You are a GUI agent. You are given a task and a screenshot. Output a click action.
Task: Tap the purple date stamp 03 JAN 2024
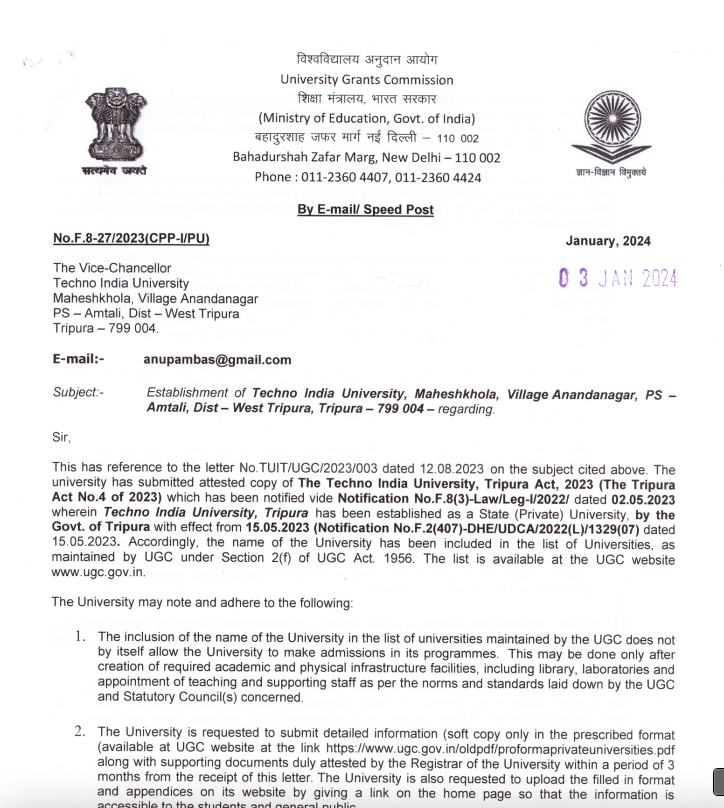coord(617,277)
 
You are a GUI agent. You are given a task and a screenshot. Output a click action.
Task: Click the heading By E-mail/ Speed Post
coord(366,210)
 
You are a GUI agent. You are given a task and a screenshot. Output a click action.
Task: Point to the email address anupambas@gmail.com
coord(218,360)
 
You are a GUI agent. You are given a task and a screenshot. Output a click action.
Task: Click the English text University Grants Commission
coord(366,79)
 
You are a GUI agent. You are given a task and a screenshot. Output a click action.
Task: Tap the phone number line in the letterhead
coord(367,177)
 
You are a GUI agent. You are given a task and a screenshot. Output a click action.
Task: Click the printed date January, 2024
coord(607,241)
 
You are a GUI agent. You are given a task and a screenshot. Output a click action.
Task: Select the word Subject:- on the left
coord(78,393)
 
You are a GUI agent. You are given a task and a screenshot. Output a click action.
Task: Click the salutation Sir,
coord(62,437)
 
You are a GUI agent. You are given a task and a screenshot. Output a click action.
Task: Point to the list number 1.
coord(80,636)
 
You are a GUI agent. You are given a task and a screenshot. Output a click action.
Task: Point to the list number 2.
coord(80,733)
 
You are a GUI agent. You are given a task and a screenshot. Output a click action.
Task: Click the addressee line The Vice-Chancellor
coord(112,268)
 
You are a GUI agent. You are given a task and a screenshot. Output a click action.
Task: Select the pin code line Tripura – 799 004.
coord(105,329)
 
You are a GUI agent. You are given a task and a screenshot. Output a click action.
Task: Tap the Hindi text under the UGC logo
coord(610,173)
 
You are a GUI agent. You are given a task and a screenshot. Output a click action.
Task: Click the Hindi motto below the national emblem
coord(114,171)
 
